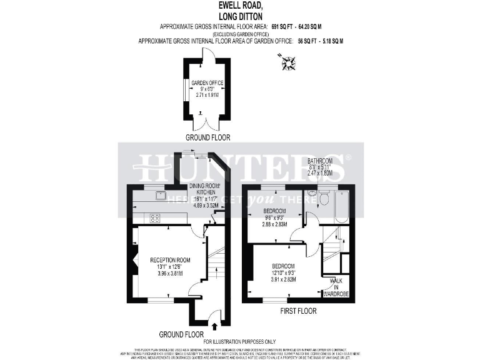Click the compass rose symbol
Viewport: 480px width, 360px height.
288,62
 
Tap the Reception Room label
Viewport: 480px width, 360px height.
169,260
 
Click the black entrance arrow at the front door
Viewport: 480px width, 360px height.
216,326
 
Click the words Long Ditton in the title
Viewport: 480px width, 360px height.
240,17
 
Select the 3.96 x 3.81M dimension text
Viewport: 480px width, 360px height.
169,273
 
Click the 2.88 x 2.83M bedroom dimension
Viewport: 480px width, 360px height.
274,224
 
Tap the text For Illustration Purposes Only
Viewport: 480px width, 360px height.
240,341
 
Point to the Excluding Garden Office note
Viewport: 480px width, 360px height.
240,34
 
